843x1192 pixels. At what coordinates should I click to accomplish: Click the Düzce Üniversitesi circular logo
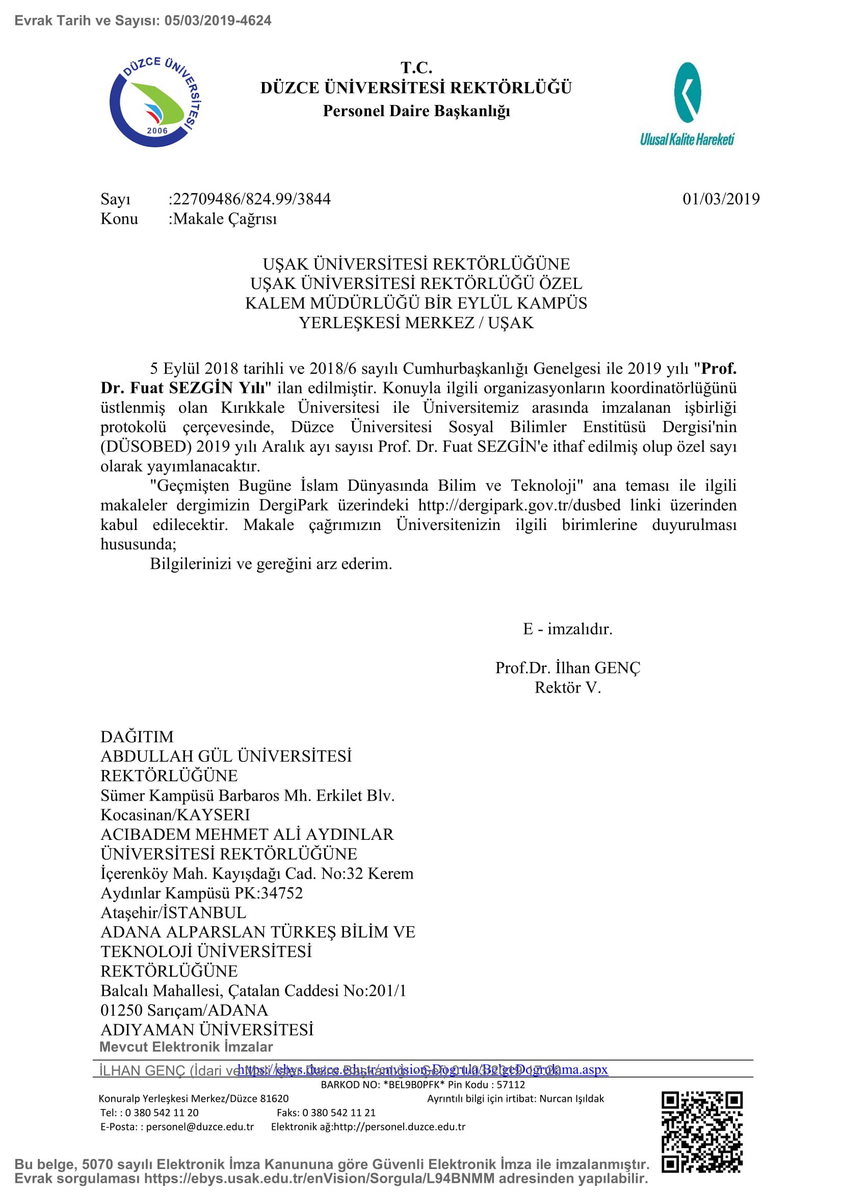tap(155, 102)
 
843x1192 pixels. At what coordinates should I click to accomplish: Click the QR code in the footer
tap(701, 1132)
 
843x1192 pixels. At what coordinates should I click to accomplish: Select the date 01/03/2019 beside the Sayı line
tap(721, 199)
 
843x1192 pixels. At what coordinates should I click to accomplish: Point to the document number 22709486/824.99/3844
tap(252, 199)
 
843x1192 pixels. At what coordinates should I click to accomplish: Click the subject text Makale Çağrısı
tap(225, 219)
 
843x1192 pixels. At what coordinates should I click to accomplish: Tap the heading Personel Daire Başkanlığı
tap(416, 111)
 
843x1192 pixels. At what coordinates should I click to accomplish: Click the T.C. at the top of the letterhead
tap(416, 67)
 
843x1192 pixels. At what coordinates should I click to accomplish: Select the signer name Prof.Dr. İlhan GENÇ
tap(567, 668)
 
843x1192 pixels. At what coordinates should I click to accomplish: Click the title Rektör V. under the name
tap(567, 687)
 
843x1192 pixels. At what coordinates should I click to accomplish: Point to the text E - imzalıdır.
tap(567, 629)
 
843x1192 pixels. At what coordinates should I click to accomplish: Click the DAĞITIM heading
tap(137, 737)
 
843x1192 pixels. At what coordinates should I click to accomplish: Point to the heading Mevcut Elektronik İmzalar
tap(186, 1047)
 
